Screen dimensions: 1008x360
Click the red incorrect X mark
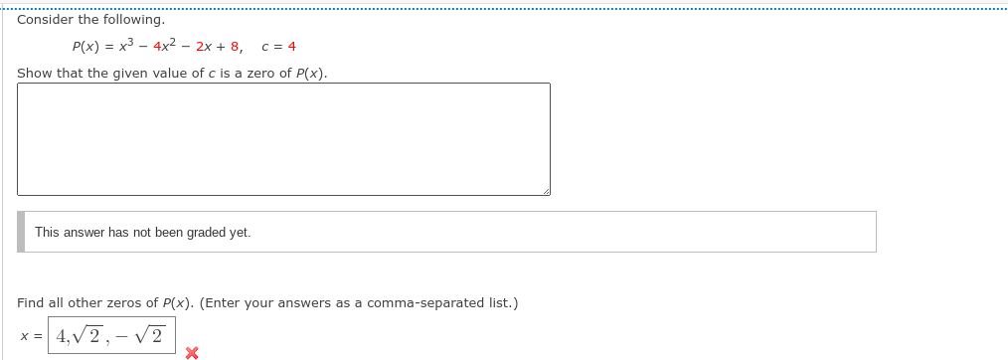(x=192, y=352)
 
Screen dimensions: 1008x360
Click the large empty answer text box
(x=283, y=139)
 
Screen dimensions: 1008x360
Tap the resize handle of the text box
(x=545, y=190)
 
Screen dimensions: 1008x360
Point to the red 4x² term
(x=165, y=46)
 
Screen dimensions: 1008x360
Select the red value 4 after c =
(x=291, y=47)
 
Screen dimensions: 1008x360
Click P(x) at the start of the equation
(x=86, y=47)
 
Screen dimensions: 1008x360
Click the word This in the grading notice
(x=47, y=232)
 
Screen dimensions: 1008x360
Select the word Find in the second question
(x=31, y=302)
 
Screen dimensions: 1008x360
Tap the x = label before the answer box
(x=31, y=336)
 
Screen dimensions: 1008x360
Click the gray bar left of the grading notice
(x=21, y=232)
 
